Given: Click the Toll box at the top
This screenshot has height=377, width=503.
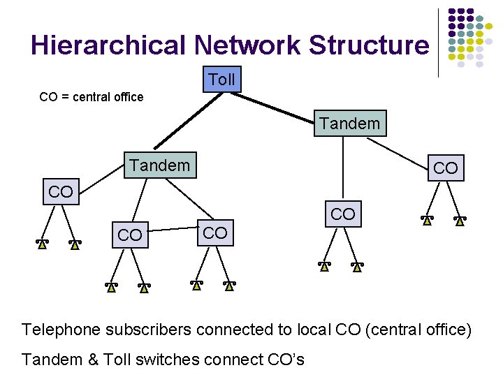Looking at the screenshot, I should (221, 80).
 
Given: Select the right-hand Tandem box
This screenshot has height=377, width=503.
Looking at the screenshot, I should (349, 124).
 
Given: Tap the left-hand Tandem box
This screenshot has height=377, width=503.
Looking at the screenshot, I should (159, 165).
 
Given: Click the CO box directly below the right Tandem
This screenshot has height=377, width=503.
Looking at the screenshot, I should (342, 214).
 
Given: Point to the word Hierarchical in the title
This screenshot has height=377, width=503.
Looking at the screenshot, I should (109, 45).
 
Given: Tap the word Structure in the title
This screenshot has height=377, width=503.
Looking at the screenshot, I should (370, 45).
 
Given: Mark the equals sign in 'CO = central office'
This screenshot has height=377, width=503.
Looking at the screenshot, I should (66, 97).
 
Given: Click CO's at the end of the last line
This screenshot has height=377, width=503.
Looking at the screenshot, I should (286, 360).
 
